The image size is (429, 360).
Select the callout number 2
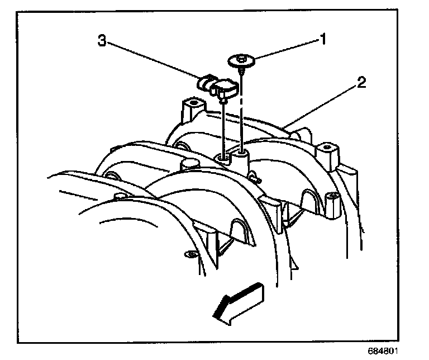(x=361, y=83)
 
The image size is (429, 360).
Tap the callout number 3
(x=102, y=40)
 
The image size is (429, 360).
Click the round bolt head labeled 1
(x=241, y=60)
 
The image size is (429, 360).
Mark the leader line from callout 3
(x=154, y=60)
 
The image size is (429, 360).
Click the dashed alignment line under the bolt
(x=242, y=112)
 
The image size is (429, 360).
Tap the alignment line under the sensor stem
(x=223, y=129)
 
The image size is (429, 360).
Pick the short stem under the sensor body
(x=223, y=100)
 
